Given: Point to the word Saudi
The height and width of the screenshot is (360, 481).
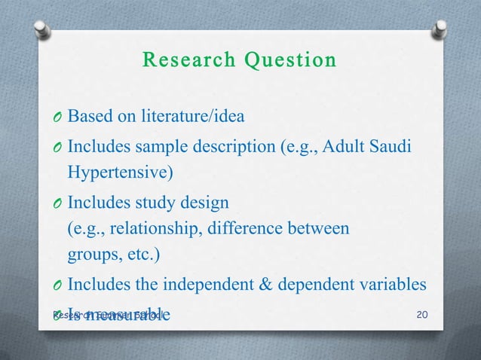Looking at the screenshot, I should click(391, 145).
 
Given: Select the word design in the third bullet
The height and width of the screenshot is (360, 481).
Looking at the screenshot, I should click(206, 202).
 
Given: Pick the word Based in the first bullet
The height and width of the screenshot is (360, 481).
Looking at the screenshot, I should click(87, 117).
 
